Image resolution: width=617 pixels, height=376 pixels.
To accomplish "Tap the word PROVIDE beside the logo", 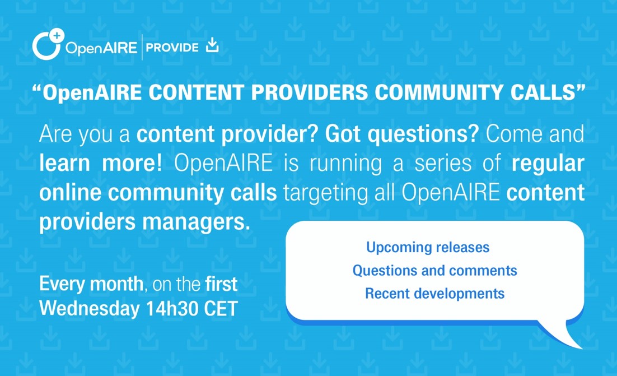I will [172, 48].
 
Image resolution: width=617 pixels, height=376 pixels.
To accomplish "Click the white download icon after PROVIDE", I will [212, 45].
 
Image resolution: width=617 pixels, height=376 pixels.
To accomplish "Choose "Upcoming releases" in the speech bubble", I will [428, 247].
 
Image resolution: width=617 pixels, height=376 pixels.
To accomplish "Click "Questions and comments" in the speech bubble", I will [434, 271].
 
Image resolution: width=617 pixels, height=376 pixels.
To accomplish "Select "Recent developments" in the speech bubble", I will [434, 293].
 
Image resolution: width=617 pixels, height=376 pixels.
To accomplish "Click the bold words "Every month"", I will [91, 285].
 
